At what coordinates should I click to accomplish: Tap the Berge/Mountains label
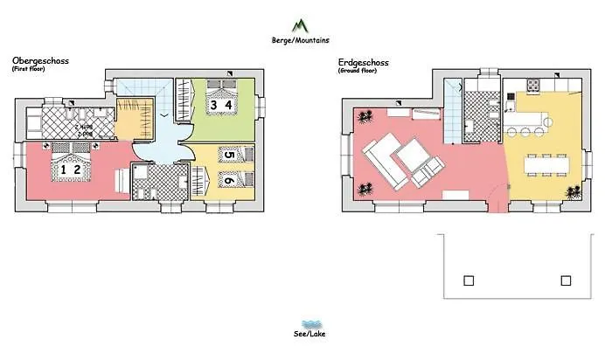(301, 40)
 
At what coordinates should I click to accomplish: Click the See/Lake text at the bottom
(306, 334)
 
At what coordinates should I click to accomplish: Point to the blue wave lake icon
(308, 322)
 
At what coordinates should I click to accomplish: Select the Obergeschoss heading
(40, 61)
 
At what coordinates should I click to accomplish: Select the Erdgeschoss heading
(363, 62)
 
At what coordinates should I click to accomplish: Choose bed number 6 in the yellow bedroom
(228, 181)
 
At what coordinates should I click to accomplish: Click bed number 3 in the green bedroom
(212, 106)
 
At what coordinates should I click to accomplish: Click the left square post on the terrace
(469, 280)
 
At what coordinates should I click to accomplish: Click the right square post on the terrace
(566, 280)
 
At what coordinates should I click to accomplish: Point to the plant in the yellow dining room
(574, 192)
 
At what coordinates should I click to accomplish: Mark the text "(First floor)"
(28, 69)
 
